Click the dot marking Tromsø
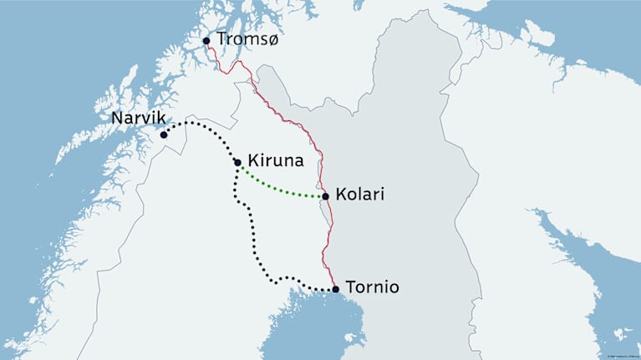click(x=206, y=40)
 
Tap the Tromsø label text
click(x=247, y=39)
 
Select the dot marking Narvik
click(x=164, y=134)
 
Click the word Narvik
click(x=136, y=118)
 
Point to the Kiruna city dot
click(x=238, y=163)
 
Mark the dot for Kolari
click(x=325, y=197)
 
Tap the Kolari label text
click(x=359, y=195)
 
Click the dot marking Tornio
click(x=335, y=290)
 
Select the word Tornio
click(x=372, y=287)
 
